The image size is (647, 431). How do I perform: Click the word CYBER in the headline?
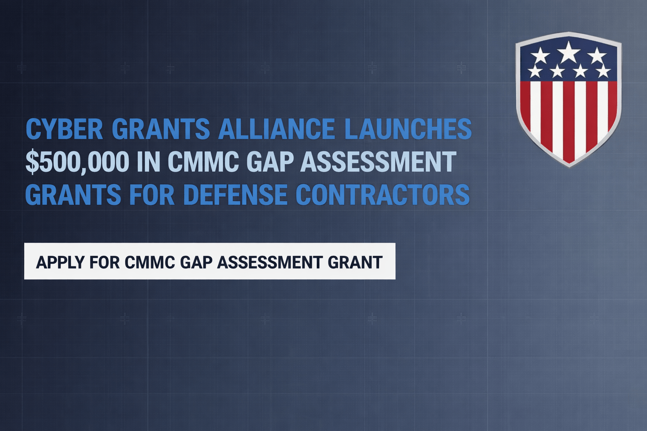coord(64,129)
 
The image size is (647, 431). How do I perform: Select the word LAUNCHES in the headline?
coord(408,129)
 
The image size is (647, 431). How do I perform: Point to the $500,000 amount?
coord(77,162)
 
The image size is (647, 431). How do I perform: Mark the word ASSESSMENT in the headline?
coord(378,162)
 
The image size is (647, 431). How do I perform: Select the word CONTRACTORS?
coord(382,194)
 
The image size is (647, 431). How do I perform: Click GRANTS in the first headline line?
coord(160,129)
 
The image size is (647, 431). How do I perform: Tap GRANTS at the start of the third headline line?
coord(73,194)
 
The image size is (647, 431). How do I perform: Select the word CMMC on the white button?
coord(150,262)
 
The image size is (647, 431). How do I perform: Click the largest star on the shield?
coord(569,51)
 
